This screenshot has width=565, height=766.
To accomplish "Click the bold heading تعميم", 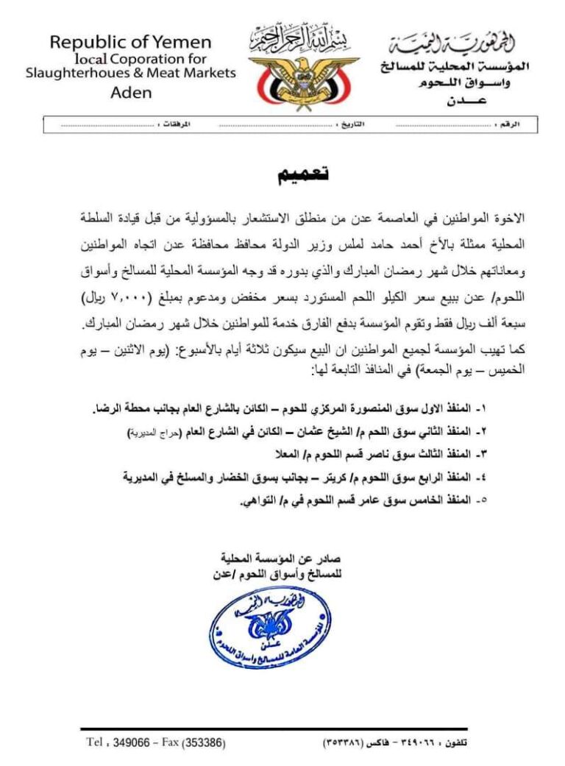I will click(x=302, y=174).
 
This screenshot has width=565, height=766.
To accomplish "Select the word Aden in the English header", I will click(x=131, y=93).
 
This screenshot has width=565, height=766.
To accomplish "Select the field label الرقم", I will click(x=508, y=125).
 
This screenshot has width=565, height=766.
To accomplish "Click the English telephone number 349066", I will click(x=133, y=742).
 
